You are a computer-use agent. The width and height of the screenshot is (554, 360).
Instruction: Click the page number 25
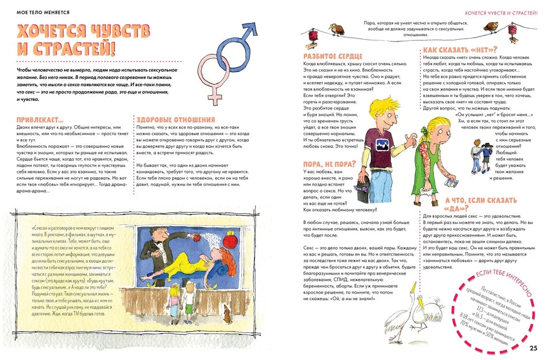533,347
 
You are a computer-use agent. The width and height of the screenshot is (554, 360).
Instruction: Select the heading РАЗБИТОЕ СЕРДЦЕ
333,56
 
